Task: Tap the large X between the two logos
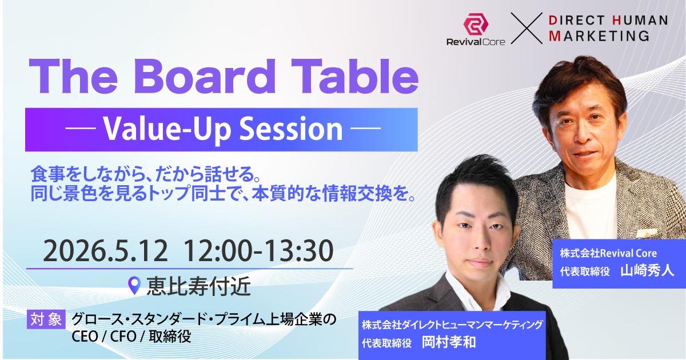coord(527,28)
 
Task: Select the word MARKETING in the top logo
coord(599,35)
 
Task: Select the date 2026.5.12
coord(106,251)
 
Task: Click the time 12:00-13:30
coord(258,251)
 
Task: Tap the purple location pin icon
coord(134,286)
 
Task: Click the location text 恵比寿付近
coord(199,286)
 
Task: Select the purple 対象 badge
coord(46,319)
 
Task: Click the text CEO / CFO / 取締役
coord(131,337)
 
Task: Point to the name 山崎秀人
coord(647,271)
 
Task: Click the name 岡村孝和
coord(449,342)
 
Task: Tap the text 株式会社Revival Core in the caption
coord(608,253)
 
